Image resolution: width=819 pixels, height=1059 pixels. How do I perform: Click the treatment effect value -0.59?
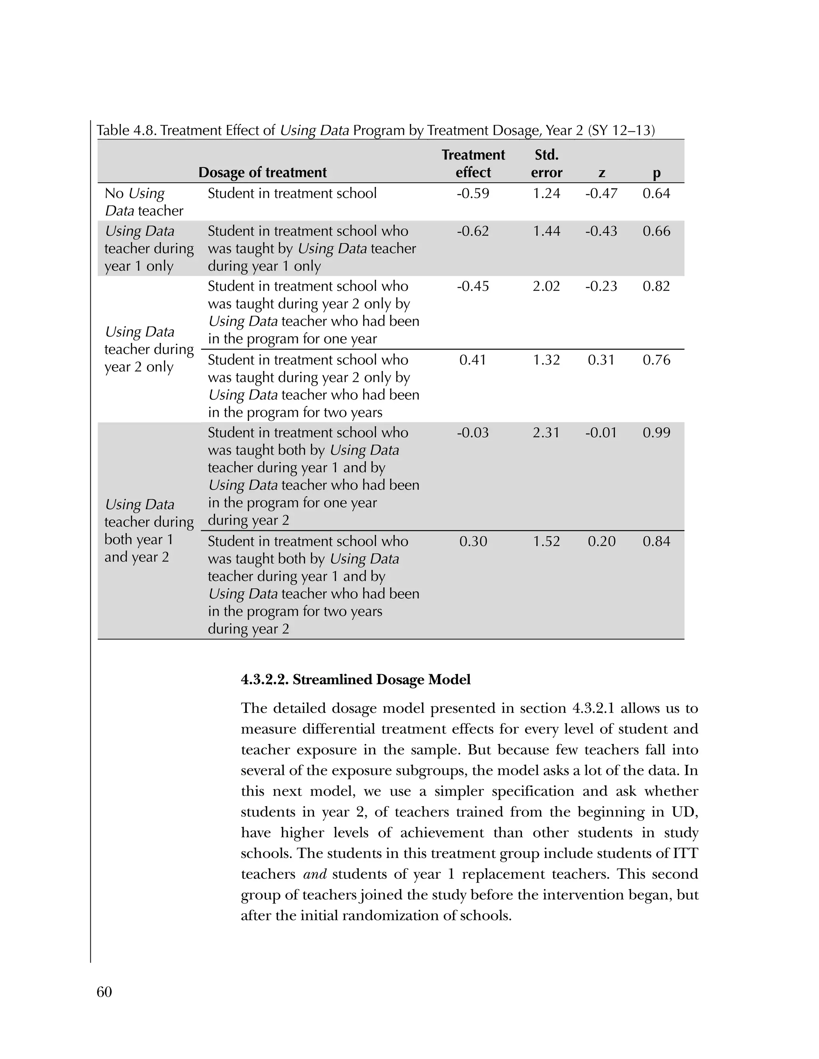pos(473,193)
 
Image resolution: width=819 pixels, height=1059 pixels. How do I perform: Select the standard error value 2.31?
pos(546,432)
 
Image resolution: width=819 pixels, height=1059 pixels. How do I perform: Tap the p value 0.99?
pos(656,432)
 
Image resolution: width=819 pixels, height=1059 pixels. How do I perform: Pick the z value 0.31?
pos(601,360)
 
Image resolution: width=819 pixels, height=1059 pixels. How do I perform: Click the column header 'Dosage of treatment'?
pos(262,173)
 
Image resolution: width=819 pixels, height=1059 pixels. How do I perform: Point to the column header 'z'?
pos(601,173)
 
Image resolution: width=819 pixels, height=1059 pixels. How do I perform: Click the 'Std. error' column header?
pos(546,164)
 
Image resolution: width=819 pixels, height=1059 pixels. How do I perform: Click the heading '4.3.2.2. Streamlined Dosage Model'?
pos(356,679)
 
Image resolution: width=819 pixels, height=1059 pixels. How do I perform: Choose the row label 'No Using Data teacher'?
pos(144,202)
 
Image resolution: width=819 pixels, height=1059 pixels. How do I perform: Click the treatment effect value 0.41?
pos(473,360)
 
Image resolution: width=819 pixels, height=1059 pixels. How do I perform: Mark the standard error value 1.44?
pos(546,231)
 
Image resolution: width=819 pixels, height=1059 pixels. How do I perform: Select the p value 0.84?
pos(656,541)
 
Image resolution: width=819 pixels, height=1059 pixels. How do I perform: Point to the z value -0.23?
pos(601,286)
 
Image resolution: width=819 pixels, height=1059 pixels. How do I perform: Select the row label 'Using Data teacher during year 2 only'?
pos(148,349)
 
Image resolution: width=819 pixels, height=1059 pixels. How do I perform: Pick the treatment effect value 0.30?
pos(473,541)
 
